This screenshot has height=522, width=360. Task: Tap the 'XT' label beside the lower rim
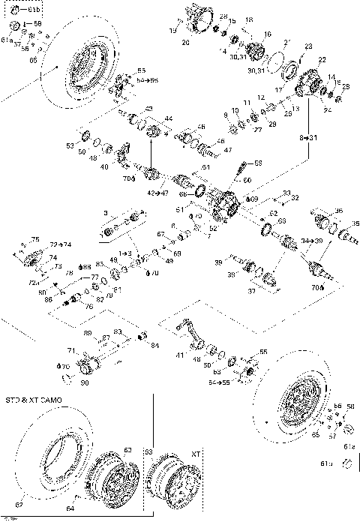click(196, 454)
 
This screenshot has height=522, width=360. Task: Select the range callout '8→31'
click(309, 139)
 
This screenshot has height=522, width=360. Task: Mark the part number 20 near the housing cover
click(185, 43)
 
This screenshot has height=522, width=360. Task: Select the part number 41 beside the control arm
click(177, 354)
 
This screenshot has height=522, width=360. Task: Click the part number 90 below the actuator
click(84, 383)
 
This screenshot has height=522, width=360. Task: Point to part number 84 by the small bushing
click(155, 345)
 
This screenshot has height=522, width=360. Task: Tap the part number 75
click(34, 238)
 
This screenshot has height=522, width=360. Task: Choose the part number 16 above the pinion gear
click(268, 34)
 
